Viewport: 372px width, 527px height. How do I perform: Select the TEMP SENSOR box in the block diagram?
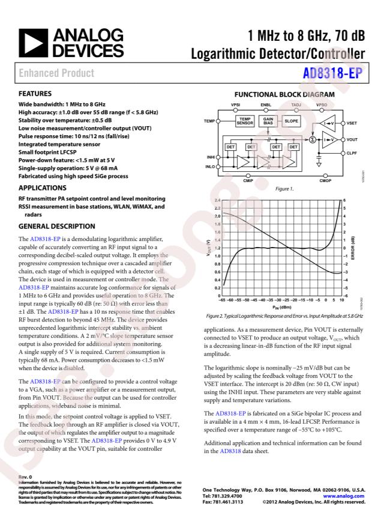click(245, 121)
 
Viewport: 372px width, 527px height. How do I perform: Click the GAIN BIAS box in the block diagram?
click(268, 121)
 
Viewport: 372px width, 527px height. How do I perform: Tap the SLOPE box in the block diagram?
click(292, 121)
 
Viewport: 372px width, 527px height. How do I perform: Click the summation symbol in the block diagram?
click(312, 139)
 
